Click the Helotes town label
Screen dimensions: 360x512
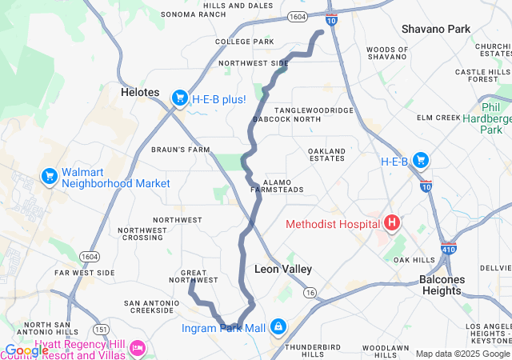141,92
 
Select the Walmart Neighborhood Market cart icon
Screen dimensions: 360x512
49,175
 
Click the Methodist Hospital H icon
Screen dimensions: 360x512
393,223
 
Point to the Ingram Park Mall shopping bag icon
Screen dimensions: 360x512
277,327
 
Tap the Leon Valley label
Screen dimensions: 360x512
283,270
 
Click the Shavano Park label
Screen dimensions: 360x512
436,30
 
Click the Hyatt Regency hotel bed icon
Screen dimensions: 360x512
138,348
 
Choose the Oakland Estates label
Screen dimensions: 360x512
327,154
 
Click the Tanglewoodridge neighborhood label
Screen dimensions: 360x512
314,110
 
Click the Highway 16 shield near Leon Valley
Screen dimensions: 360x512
309,294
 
